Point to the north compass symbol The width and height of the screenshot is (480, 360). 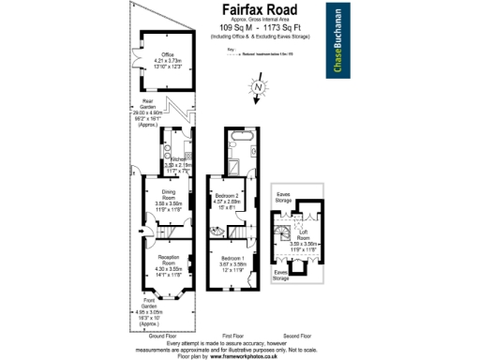point(258,89)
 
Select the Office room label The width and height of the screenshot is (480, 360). point(168,59)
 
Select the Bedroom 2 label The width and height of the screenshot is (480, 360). point(230,198)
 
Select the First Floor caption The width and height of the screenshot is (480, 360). point(233,335)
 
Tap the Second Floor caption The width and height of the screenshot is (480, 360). point(298,335)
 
